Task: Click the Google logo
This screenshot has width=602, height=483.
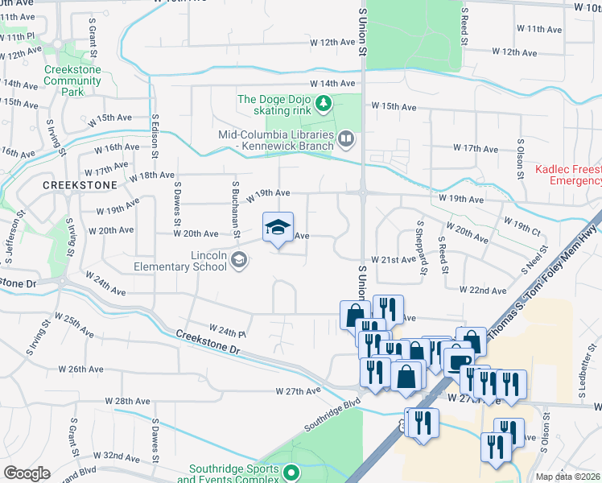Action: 27,474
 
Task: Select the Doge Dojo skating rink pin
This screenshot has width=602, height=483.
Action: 323,102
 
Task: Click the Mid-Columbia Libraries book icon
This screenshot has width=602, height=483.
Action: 345,140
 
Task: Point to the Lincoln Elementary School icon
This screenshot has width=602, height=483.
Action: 238,259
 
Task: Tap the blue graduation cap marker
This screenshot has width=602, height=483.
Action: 278,228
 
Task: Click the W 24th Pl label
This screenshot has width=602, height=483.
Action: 226,329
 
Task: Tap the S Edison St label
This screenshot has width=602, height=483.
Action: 156,134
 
